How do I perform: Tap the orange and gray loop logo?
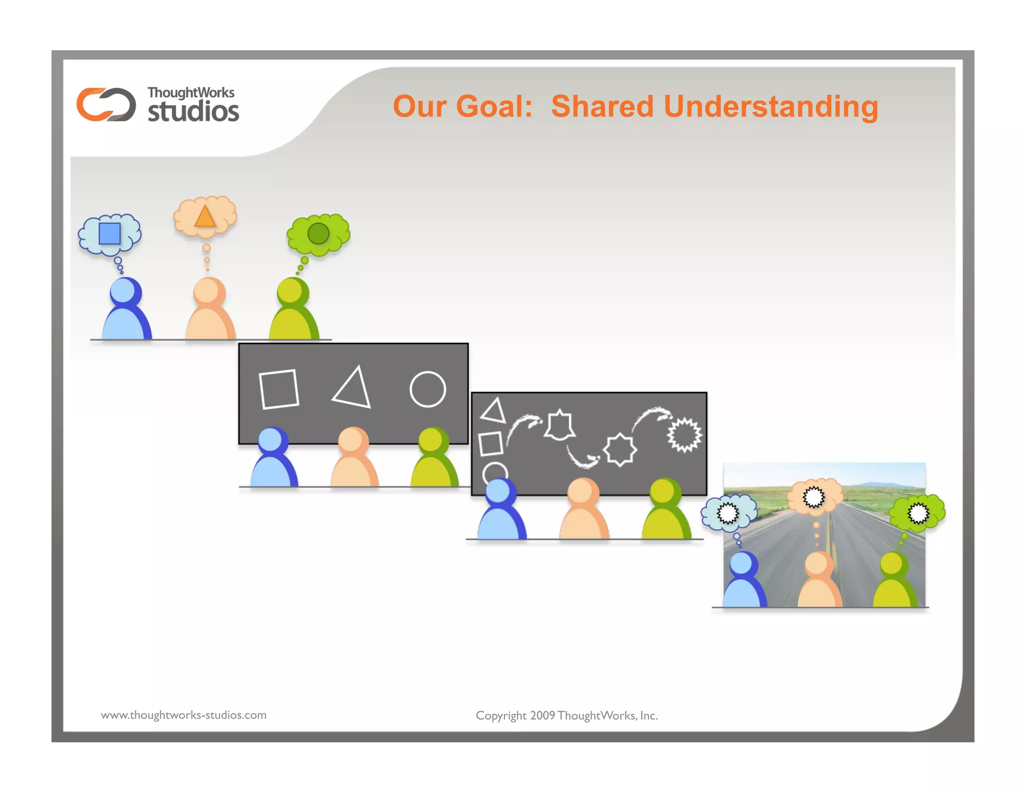(x=106, y=104)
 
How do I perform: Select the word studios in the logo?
(x=193, y=111)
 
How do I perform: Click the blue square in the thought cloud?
(x=110, y=234)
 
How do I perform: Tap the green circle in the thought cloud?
(x=318, y=234)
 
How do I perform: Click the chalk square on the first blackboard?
(x=279, y=389)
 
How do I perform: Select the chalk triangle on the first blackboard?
(x=353, y=389)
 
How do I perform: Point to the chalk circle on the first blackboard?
(x=427, y=389)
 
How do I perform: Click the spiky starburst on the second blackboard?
(x=684, y=435)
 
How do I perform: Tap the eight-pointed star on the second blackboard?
(x=620, y=450)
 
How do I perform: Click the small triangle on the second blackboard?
(x=493, y=411)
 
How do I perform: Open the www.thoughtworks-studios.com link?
(x=184, y=715)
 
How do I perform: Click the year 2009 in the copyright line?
(x=543, y=716)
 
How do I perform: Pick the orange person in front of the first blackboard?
(x=354, y=459)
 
